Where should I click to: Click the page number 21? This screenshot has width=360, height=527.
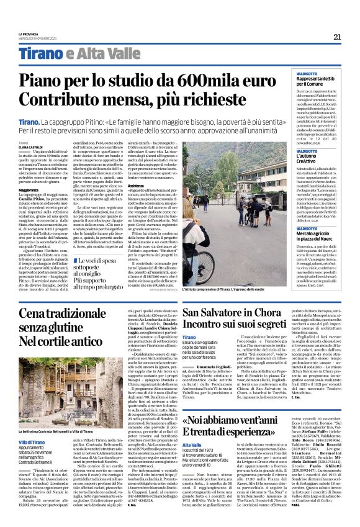(337, 37)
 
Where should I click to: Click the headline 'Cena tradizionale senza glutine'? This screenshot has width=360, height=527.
(65, 325)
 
